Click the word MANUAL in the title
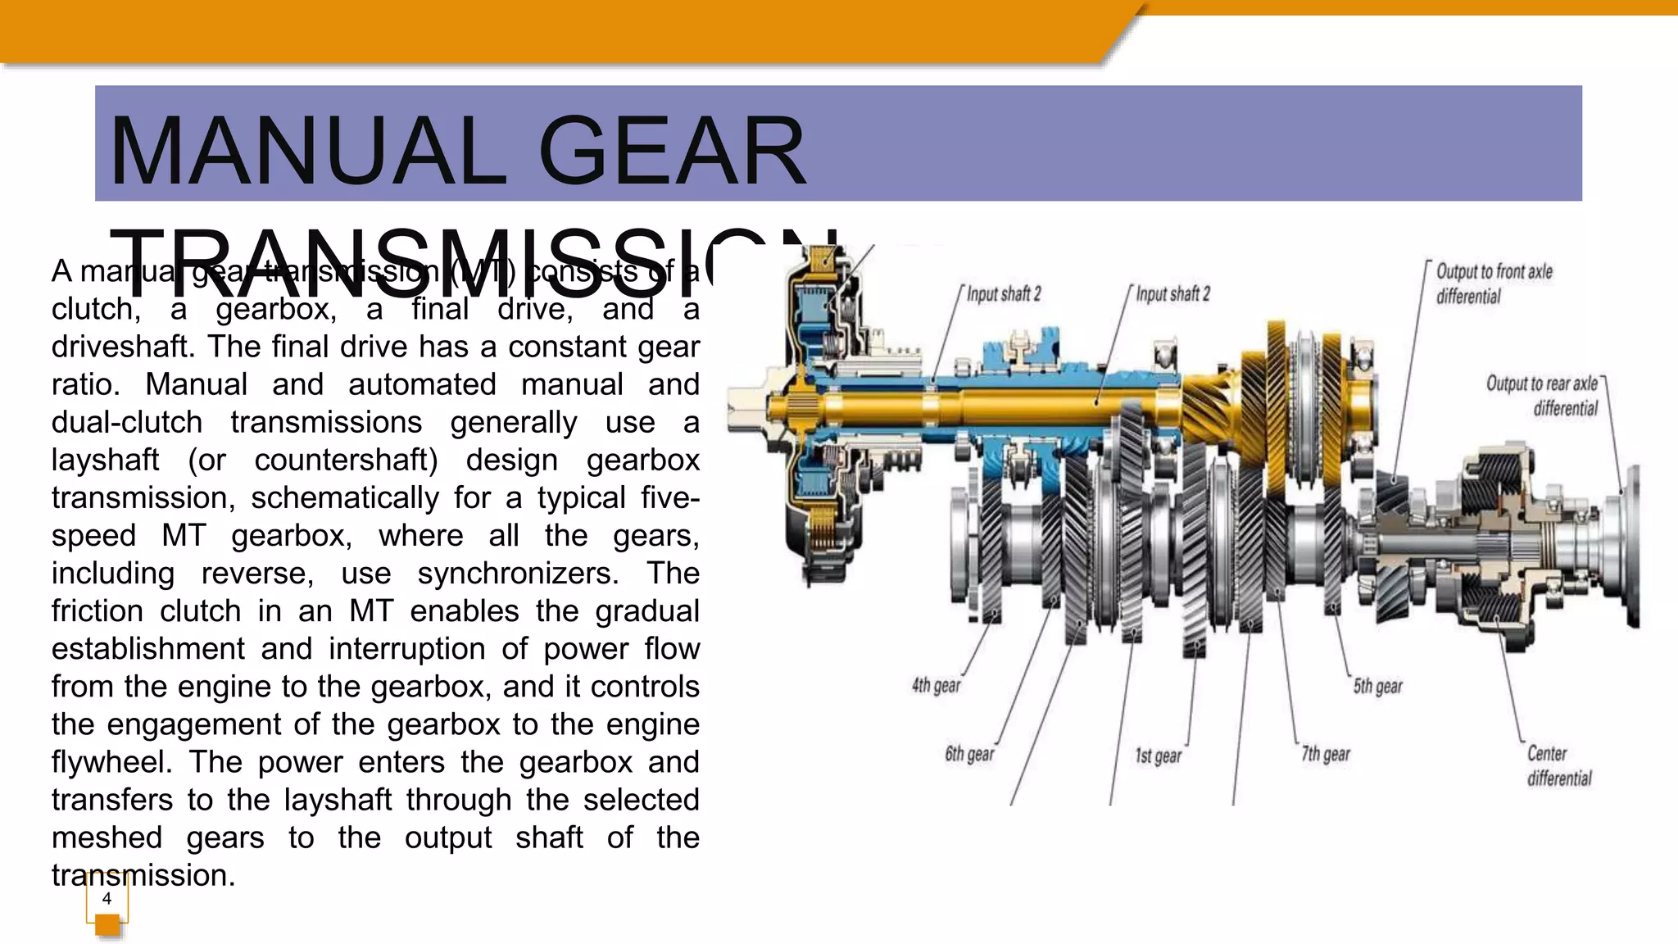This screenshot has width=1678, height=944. point(308,152)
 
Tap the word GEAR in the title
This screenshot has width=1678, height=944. point(672,152)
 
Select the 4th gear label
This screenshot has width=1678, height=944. point(936,685)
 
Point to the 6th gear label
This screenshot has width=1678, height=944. point(969,754)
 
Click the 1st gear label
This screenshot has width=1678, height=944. point(1158,756)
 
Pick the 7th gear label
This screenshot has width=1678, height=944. point(1326,754)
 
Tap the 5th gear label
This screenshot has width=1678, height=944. point(1377,686)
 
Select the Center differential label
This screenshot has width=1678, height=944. point(1558,765)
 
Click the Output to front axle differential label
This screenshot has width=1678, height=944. point(1493,284)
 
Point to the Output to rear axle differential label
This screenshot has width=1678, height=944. point(1542,396)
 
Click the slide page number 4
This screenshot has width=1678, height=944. point(107,898)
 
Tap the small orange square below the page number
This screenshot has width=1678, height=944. point(107,925)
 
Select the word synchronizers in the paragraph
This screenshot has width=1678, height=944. point(518,574)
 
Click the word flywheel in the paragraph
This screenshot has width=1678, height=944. point(111,762)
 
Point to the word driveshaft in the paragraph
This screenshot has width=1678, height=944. point(123,347)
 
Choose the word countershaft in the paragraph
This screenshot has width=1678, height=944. point(345,460)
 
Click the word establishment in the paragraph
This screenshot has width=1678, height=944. point(147,649)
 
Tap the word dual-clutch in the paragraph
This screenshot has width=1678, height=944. point(127,422)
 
